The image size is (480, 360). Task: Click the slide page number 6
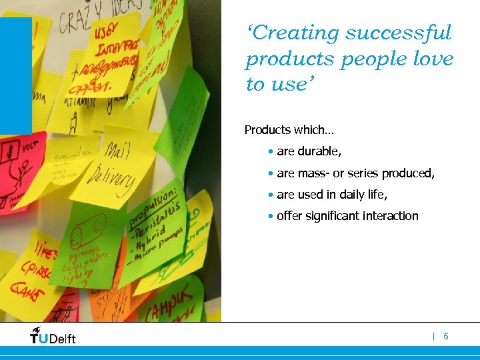click(x=446, y=337)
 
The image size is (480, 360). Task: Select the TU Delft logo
click(x=53, y=336)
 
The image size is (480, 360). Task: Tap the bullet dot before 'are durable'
click(x=269, y=152)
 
